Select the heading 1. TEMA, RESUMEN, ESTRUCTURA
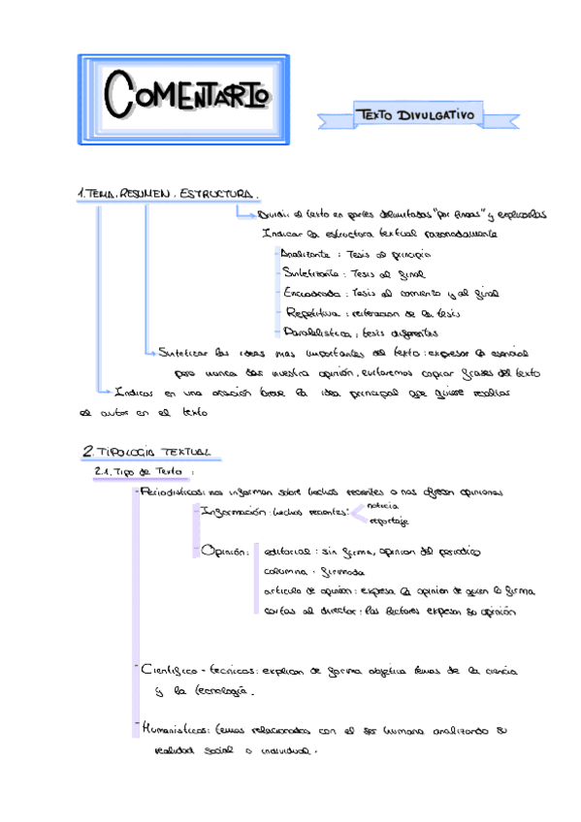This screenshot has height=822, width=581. pyautogui.click(x=166, y=194)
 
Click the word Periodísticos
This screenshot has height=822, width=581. pyautogui.click(x=174, y=492)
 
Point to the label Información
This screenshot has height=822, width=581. pyautogui.click(x=231, y=512)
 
